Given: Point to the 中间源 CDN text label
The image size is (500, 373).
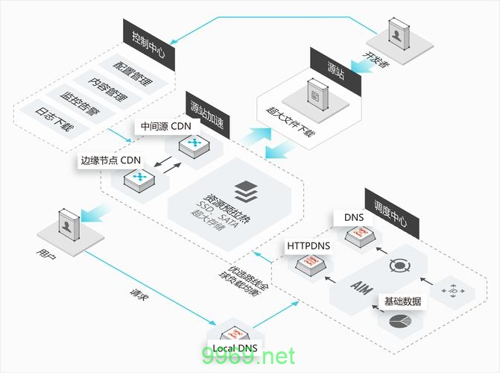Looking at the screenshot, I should [x=165, y=126].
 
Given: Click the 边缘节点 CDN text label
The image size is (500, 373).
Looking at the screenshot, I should [x=111, y=160].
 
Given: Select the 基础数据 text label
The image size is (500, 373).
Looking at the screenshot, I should [x=402, y=301].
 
